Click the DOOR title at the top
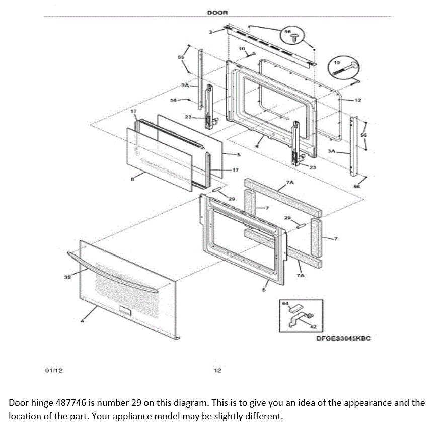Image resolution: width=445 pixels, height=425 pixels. click(x=217, y=13)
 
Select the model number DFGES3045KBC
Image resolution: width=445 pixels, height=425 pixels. click(x=343, y=338)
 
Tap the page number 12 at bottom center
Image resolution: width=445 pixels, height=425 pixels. click(x=217, y=371)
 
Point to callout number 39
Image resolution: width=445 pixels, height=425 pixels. click(x=67, y=276)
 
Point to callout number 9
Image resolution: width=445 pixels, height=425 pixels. click(x=257, y=146)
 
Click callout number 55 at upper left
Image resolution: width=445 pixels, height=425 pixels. click(x=180, y=57)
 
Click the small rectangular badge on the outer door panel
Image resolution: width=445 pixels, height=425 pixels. click(x=124, y=311)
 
